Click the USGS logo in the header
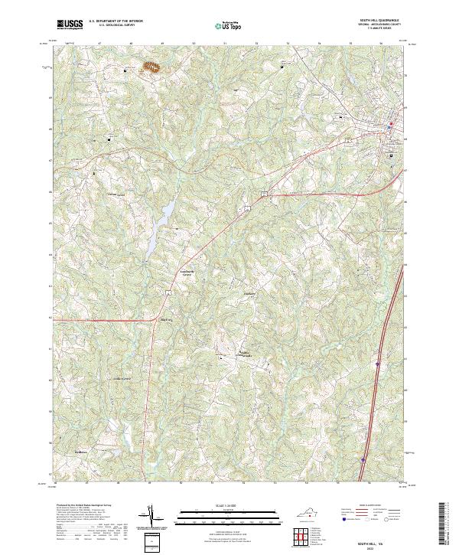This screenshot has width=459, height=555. pyautogui.click(x=70, y=25)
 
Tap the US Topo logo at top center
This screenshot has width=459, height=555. pyautogui.click(x=228, y=26)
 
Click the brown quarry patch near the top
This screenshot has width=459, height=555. pyautogui.click(x=152, y=68)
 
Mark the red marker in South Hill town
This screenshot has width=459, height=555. pyautogui.click(x=390, y=125)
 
